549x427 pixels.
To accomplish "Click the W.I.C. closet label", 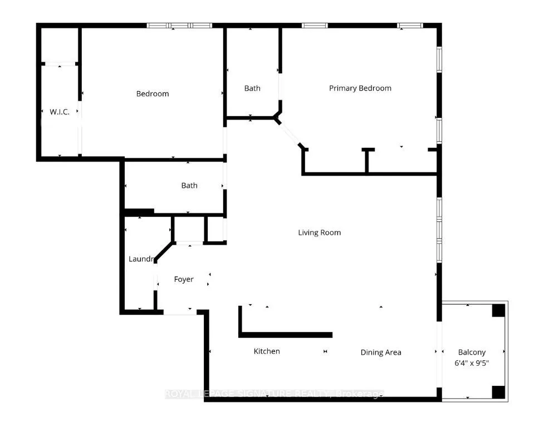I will [60, 112].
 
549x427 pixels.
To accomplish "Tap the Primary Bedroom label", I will [360, 88].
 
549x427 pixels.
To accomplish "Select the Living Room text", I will [319, 232].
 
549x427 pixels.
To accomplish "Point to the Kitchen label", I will [267, 351].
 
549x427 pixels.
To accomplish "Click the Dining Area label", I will [381, 352].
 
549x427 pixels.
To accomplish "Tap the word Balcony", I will [472, 352].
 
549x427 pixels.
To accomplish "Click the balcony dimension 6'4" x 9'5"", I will [472, 363].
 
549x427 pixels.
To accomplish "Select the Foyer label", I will [184, 279].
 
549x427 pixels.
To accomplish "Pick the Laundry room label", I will [141, 259].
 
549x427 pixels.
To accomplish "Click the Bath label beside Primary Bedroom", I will [252, 88].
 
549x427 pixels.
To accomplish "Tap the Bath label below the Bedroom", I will [189, 185].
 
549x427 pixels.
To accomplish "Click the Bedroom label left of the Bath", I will [153, 93].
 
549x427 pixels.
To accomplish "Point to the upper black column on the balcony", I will [498, 310].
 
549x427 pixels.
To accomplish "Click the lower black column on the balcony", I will [498, 391].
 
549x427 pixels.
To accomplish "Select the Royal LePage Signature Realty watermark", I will [274, 394].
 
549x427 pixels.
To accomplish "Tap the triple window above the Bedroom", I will [180, 25].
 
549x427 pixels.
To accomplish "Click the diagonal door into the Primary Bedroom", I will [290, 134].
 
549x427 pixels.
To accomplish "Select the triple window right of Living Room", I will [439, 230].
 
